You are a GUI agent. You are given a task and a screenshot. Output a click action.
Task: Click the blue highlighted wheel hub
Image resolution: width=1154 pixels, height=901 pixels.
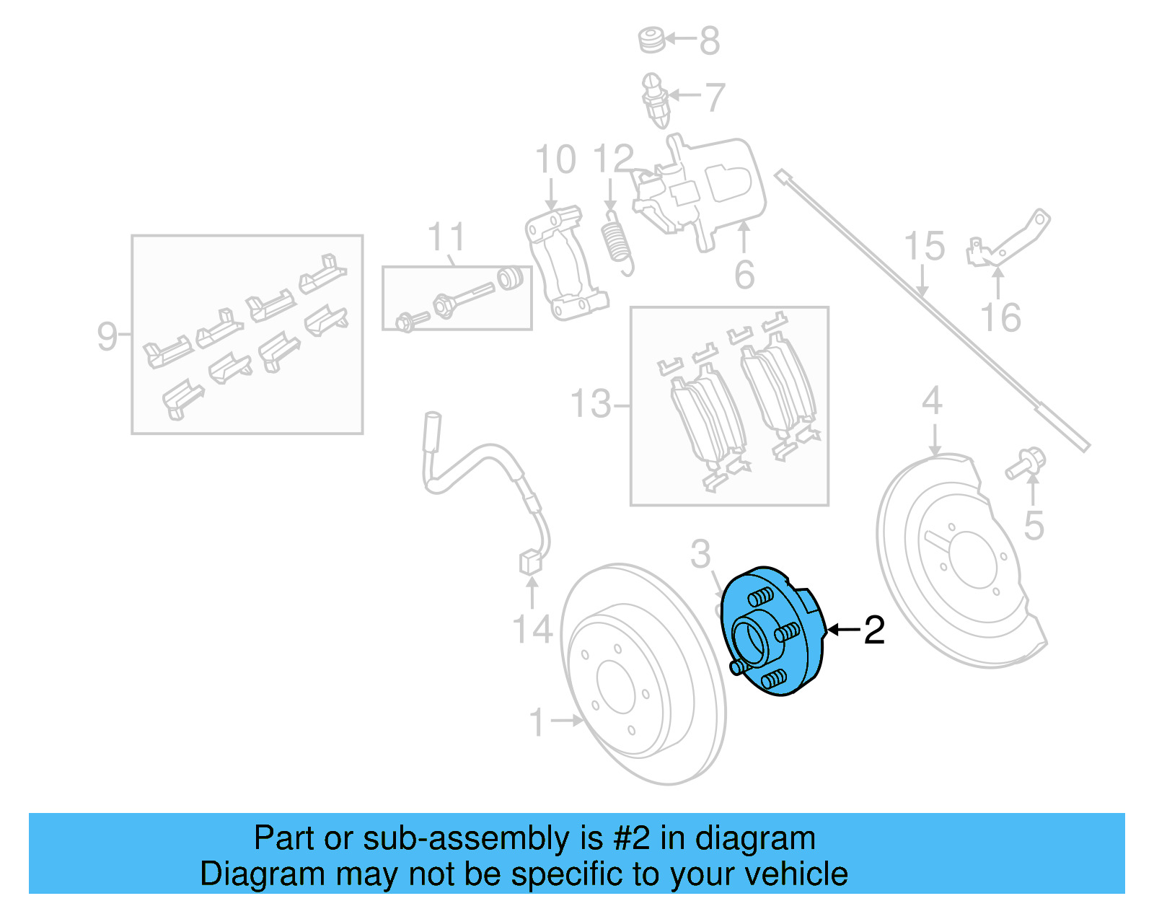pyautogui.click(x=772, y=631)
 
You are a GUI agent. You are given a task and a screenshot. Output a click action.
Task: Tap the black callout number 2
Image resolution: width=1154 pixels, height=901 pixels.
pyautogui.click(x=873, y=630)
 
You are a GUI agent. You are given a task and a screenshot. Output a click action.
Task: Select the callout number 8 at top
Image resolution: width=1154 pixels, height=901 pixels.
pyautogui.click(x=710, y=40)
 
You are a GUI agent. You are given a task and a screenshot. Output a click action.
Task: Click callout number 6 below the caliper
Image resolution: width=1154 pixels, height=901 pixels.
pyautogui.click(x=744, y=275)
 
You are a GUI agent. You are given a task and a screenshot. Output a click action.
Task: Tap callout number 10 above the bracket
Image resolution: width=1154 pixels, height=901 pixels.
pyautogui.click(x=555, y=159)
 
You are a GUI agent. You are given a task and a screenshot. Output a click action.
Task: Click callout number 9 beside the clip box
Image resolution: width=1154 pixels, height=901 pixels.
pyautogui.click(x=107, y=336)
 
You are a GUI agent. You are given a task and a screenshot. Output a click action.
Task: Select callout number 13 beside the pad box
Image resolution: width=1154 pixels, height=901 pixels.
pyautogui.click(x=591, y=404)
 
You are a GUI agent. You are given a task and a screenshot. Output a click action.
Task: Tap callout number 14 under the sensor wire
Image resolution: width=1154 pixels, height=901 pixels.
pyautogui.click(x=532, y=629)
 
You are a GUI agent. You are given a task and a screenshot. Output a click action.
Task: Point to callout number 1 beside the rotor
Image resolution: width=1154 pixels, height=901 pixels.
pyautogui.click(x=537, y=721)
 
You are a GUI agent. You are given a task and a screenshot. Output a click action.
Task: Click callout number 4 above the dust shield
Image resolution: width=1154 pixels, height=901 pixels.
pyautogui.click(x=932, y=400)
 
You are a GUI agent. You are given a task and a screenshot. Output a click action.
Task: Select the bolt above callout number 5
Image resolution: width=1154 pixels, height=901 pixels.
pyautogui.click(x=1026, y=462)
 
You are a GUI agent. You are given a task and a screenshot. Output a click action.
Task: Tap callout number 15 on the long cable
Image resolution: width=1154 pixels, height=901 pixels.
pyautogui.click(x=924, y=246)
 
